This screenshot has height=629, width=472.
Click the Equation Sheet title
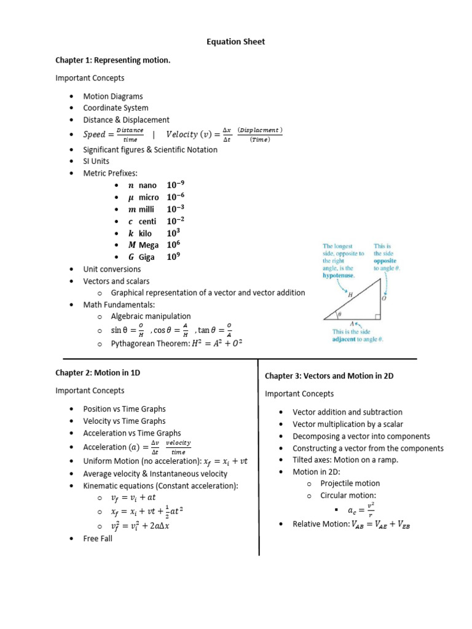[x=235, y=42]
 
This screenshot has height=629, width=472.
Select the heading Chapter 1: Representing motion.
[x=112, y=60]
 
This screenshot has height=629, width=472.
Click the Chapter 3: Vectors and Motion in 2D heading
[x=329, y=375]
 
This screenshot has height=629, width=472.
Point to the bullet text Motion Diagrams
[x=113, y=96]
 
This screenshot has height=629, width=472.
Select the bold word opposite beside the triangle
[x=385, y=260]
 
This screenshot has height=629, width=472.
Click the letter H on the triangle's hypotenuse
[x=350, y=295]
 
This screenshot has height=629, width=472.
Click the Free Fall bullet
[x=98, y=539]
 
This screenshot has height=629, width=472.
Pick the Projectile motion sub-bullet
[x=350, y=483]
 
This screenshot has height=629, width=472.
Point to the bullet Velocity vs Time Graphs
[x=124, y=421]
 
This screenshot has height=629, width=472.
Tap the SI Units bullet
[x=96, y=162]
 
